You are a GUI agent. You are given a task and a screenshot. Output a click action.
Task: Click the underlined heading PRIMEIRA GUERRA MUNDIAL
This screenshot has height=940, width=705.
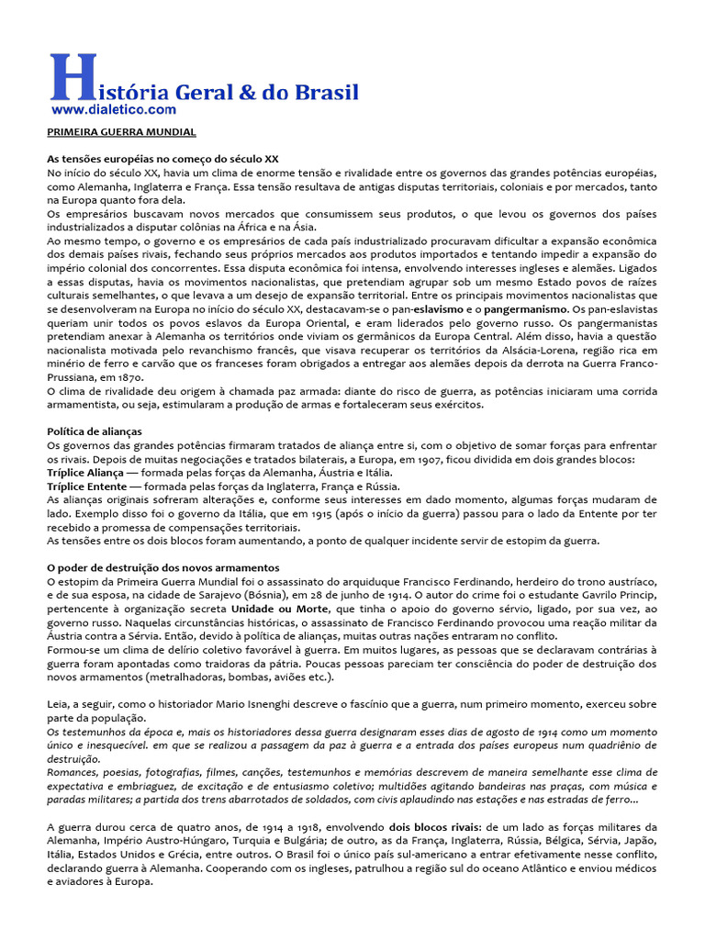tap(121, 132)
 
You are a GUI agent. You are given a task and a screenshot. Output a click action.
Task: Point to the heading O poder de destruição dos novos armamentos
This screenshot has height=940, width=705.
tap(163, 568)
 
